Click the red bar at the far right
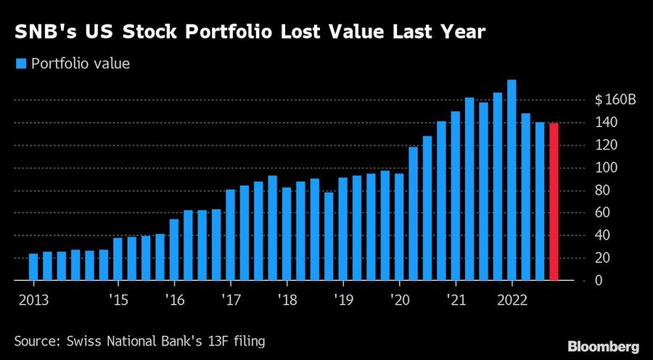(554, 202)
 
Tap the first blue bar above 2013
(33, 266)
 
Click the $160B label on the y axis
(615, 100)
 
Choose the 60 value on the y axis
(602, 213)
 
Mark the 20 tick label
(602, 258)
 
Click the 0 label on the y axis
(599, 280)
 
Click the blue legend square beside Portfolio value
(20, 65)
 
